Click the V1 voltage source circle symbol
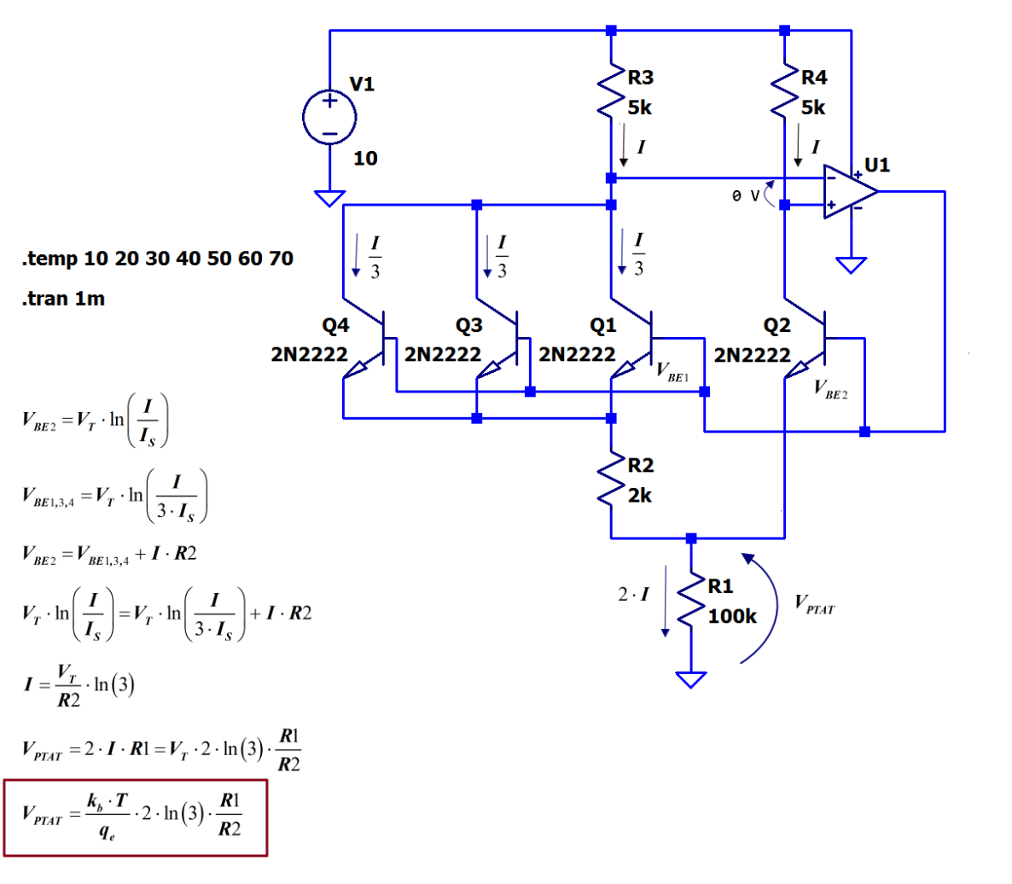pyautogui.click(x=329, y=118)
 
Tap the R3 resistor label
pyautogui.click(x=640, y=78)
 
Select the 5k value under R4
pyautogui.click(x=813, y=108)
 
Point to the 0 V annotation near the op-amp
pyautogui.click(x=745, y=196)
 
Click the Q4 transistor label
pyautogui.click(x=335, y=325)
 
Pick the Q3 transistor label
pyautogui.click(x=469, y=325)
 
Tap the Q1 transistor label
pyautogui.click(x=602, y=325)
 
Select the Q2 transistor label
pyautogui.click(x=776, y=325)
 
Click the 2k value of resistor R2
pyautogui.click(x=640, y=495)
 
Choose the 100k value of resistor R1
pyautogui.click(x=732, y=616)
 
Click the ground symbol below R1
pyautogui.click(x=691, y=679)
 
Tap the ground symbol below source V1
pyautogui.click(x=329, y=198)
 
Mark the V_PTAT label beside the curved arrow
pyautogui.click(x=814, y=604)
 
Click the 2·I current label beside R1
pyautogui.click(x=633, y=595)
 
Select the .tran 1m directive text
pyautogui.click(x=65, y=299)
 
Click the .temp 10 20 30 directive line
pyautogui.click(x=157, y=259)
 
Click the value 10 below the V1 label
pyautogui.click(x=365, y=158)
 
